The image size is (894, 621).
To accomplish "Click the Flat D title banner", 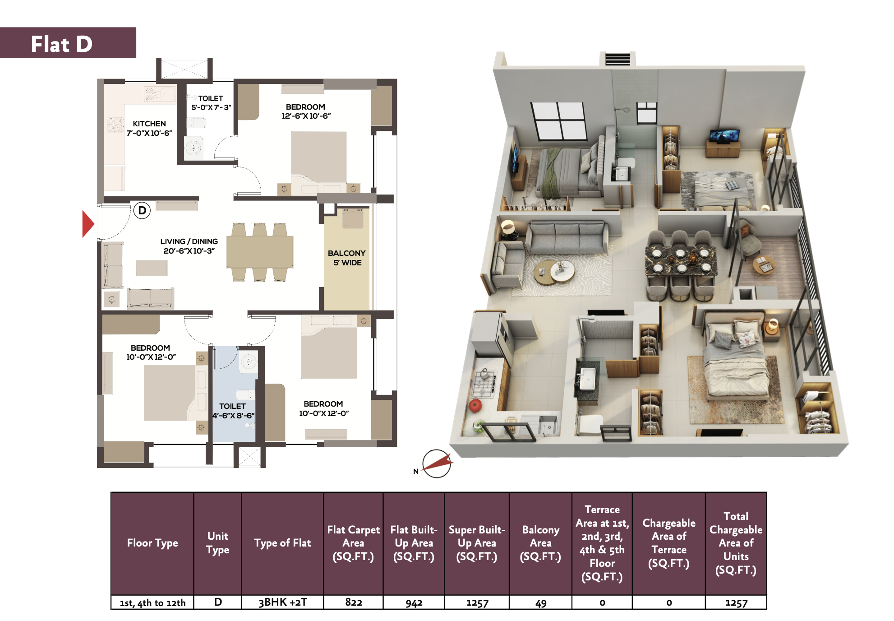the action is point(68,43).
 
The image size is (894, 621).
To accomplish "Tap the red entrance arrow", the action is point(88,224).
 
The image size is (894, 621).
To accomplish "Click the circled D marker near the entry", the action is point(142,210).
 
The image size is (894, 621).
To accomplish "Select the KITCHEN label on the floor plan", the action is point(149,124).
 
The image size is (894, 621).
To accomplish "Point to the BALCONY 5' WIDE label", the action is point(347,258).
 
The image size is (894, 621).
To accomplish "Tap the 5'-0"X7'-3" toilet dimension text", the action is point(211,107).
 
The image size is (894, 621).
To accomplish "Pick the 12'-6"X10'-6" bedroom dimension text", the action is point(306,116).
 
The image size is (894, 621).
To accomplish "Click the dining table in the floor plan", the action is point(260,252).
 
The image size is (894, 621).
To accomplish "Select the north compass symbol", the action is point(436,463).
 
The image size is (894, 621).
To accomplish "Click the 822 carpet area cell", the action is point(354,602).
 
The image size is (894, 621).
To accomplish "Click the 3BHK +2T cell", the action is point(283,602).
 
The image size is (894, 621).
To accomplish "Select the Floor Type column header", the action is point(152,543).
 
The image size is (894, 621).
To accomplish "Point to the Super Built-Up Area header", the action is point(477,543).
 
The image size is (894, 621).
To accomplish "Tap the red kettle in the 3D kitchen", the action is point(475,405).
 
